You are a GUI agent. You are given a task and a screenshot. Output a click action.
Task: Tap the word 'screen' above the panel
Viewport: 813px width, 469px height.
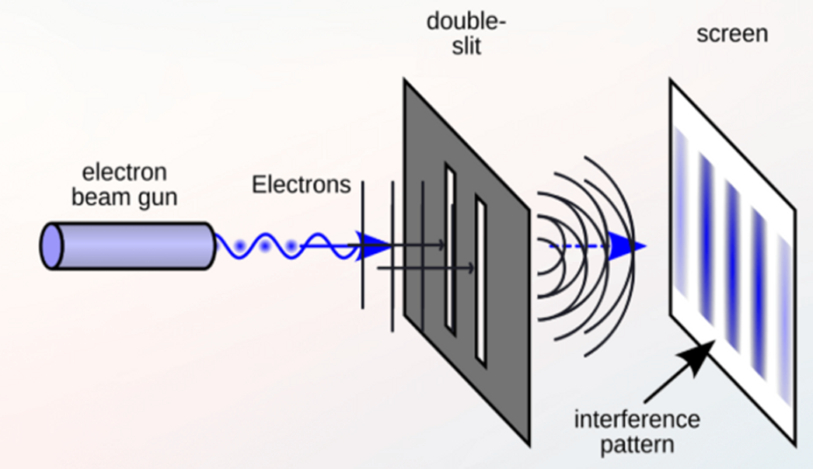[x=732, y=34]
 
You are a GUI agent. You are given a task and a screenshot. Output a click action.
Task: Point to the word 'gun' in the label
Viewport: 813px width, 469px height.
[x=158, y=197]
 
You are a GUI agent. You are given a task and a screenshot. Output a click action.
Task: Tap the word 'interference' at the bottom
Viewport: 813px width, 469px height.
[x=637, y=420]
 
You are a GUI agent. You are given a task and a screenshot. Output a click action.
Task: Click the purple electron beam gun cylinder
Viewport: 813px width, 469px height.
[x=132, y=246]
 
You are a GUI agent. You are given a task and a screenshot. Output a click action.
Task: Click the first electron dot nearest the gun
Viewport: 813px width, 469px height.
[x=239, y=246]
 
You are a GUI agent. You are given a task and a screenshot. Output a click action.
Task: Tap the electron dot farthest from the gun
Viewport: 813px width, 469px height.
[x=292, y=247]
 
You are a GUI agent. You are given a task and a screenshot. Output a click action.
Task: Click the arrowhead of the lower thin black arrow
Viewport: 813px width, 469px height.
[x=470, y=269]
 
